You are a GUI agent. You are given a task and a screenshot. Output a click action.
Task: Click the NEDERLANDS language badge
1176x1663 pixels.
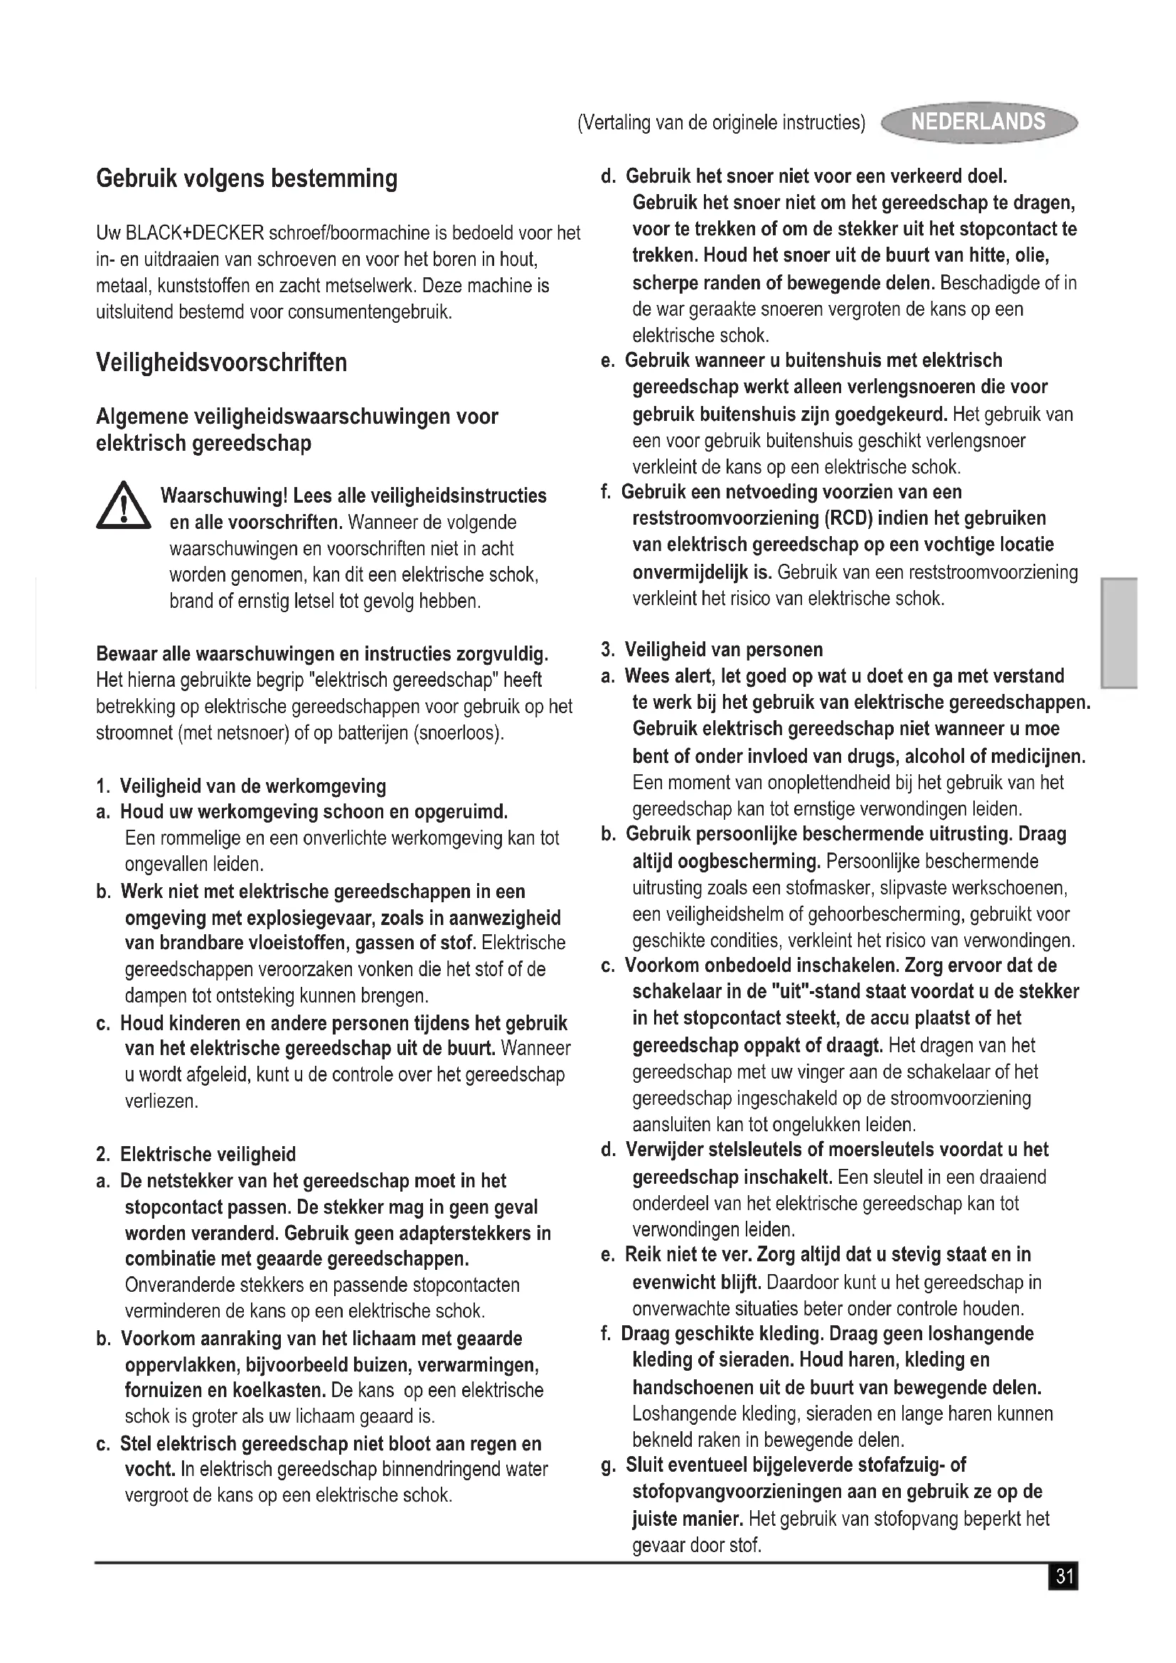coord(978,122)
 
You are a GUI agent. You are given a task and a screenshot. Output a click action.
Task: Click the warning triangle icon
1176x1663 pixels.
coord(123,506)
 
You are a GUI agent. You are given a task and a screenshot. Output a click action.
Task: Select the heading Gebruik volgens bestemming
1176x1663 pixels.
coord(247,178)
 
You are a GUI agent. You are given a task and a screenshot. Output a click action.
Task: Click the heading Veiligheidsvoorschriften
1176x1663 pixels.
coord(222,362)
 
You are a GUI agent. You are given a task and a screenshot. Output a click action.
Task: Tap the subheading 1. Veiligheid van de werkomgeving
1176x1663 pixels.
coord(241,786)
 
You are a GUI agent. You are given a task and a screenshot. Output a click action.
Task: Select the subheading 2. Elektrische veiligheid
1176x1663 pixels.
coord(196,1155)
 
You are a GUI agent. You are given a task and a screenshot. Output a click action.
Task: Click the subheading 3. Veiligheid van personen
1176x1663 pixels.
coord(713,650)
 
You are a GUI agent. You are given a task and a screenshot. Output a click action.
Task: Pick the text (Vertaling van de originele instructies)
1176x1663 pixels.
coord(721,123)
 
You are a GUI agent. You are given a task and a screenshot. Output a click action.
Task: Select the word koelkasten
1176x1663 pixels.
coord(279,1391)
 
